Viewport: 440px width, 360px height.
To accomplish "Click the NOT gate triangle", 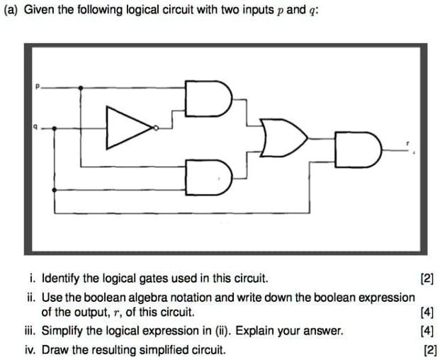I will coord(128,128).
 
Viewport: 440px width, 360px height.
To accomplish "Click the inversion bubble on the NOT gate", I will coord(157,128).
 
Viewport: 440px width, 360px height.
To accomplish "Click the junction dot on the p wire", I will coord(80,88).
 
